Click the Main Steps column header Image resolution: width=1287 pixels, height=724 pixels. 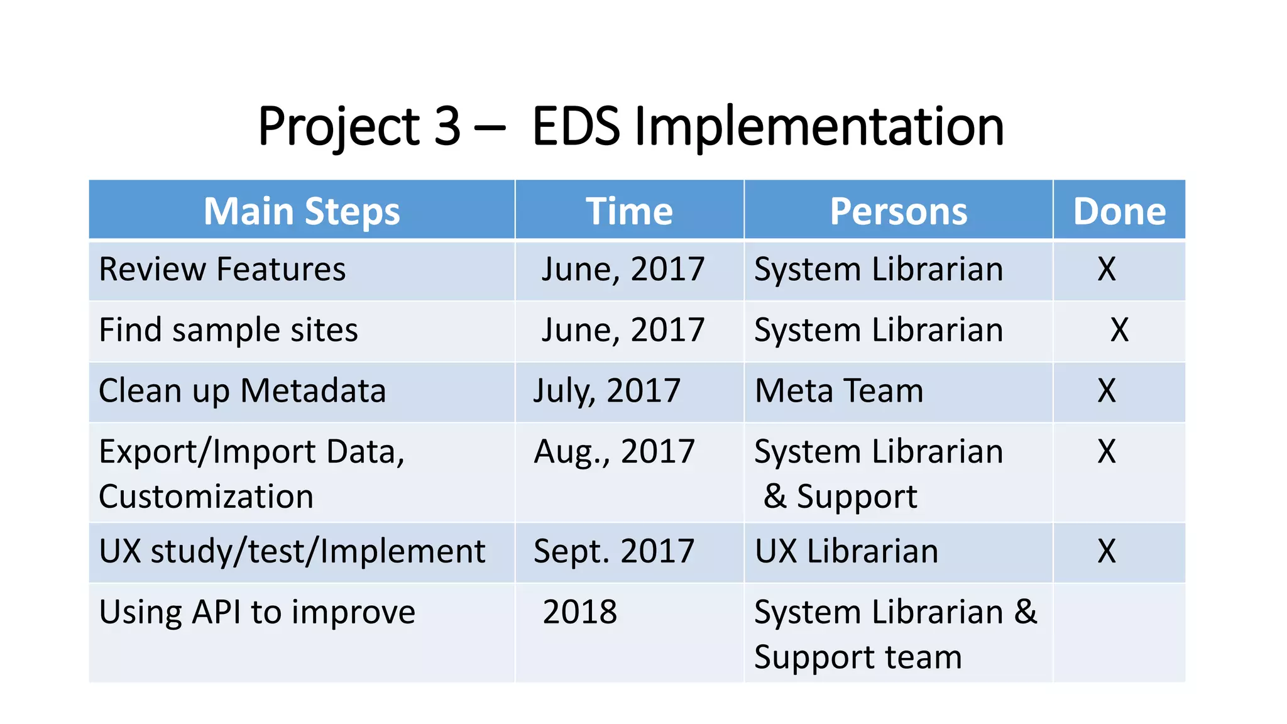coord(302,211)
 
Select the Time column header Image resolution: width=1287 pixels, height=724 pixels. coord(629,211)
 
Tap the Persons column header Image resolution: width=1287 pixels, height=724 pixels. coord(899,211)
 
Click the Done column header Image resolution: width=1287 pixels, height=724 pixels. coord(1119,211)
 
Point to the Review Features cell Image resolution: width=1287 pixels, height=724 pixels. coord(222,270)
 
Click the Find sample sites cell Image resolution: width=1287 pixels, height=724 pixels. coord(229,330)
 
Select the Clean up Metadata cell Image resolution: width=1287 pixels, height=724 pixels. coord(243,391)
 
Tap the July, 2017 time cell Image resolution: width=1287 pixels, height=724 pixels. coord(607,391)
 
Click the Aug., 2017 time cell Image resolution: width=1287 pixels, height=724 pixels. coord(614,452)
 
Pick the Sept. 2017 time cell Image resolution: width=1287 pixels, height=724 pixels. coord(614,551)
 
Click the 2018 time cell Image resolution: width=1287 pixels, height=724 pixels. coord(580,612)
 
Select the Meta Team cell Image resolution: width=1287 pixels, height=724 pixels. coord(839,391)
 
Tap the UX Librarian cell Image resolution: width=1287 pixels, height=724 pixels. coord(846,551)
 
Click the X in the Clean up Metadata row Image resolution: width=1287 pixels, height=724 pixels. coord(1107,391)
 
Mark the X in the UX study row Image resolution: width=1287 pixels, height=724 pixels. coord(1107,551)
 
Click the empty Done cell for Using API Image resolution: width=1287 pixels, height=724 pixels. coord(1119,633)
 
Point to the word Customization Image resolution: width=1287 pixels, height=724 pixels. coord(206,496)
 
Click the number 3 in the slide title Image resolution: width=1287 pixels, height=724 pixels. coord(447,126)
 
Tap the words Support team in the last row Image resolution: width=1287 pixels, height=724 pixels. coord(858,657)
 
